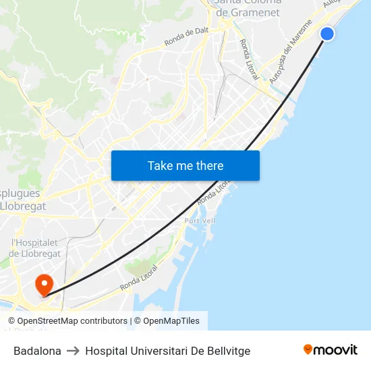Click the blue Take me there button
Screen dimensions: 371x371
pyautogui.click(x=185, y=165)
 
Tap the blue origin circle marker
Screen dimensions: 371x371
pyautogui.click(x=327, y=34)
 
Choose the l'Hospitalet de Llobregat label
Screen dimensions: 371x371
pyautogui.click(x=36, y=248)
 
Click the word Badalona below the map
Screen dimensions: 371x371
pyautogui.click(x=37, y=351)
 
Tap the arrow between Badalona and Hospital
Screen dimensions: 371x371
pyautogui.click(x=73, y=351)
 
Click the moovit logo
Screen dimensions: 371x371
pyautogui.click(x=331, y=349)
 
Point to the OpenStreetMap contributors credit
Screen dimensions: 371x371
pyautogui.click(x=67, y=321)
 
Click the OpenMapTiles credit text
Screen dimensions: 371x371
pyautogui.click(x=171, y=321)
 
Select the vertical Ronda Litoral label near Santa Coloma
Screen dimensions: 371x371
pyautogui.click(x=248, y=59)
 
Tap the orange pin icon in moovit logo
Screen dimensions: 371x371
pyautogui.click(x=308, y=349)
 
